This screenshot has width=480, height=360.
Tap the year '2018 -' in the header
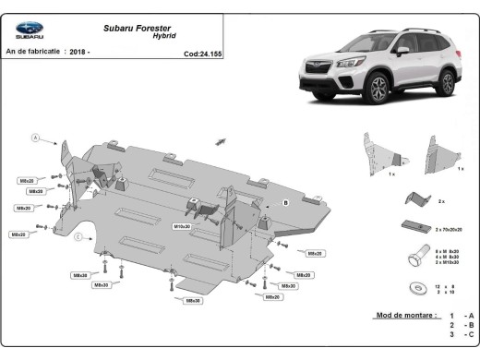[x=102, y=54]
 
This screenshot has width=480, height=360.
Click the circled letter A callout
[x=36, y=138]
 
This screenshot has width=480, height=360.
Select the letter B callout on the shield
[x=286, y=201]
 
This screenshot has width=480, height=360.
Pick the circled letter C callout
[x=78, y=237]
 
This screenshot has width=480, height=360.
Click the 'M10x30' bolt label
[x=182, y=225]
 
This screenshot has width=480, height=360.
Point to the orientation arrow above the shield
[x=221, y=140]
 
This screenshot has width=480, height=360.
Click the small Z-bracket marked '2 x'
[x=421, y=198]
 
